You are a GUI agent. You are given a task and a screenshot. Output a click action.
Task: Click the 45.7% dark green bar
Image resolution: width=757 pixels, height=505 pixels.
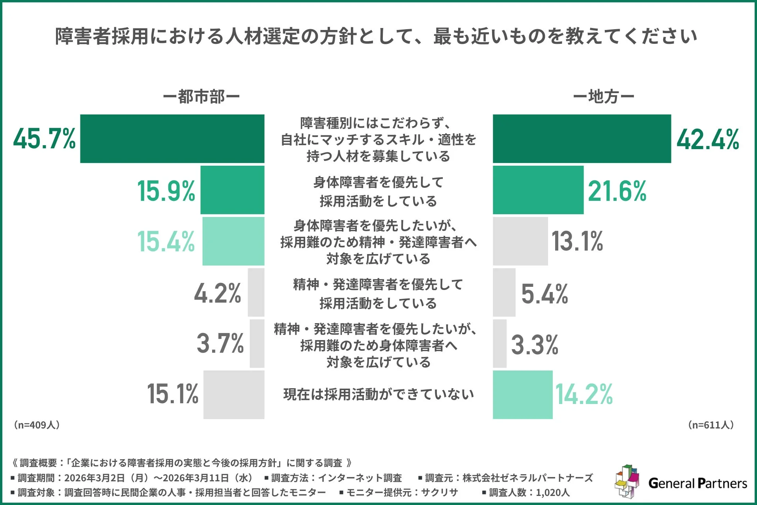[x=172, y=138]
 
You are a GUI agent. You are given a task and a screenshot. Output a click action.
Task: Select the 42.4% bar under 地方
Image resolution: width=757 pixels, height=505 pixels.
[x=582, y=138]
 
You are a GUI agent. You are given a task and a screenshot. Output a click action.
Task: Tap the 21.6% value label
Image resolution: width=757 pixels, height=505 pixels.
[x=617, y=191]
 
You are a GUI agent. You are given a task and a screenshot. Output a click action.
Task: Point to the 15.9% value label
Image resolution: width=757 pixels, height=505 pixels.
[x=166, y=191]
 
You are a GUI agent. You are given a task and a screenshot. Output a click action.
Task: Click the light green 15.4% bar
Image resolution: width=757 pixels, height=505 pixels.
[x=233, y=241]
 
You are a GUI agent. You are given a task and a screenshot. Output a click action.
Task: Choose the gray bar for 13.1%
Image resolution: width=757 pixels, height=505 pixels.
[x=520, y=241]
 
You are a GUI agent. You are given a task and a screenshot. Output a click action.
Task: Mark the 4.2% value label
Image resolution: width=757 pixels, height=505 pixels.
[x=217, y=293]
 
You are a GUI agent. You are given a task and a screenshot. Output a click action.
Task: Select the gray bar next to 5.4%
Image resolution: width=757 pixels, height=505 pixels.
[x=504, y=292]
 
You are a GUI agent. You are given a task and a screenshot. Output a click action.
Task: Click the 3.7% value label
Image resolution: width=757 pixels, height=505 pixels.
[x=220, y=343]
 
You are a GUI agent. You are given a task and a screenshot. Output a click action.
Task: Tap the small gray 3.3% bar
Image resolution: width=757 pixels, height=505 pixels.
[x=500, y=344]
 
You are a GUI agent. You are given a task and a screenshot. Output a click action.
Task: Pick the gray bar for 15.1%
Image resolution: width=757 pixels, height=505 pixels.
[x=234, y=395]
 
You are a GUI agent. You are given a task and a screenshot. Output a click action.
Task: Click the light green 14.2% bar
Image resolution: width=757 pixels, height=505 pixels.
[x=522, y=395]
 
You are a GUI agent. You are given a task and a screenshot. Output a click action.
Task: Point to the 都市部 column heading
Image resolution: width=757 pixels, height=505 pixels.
[x=201, y=97]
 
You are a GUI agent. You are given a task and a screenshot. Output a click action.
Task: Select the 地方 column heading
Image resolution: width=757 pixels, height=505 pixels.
[x=603, y=97]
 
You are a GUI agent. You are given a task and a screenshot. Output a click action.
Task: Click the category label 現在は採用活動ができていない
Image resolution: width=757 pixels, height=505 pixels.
[x=378, y=394]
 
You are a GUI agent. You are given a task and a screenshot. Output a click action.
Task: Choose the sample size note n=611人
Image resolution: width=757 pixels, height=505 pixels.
[x=711, y=425]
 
